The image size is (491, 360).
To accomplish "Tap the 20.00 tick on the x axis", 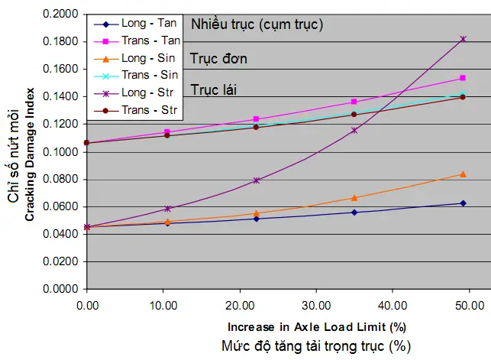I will [x=240, y=305].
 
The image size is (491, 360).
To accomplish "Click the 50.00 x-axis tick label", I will [x=469, y=305].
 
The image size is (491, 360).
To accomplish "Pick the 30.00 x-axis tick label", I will [x=316, y=305].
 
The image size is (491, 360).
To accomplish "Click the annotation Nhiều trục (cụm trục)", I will [x=257, y=24].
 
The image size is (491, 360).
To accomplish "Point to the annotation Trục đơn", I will [x=219, y=58].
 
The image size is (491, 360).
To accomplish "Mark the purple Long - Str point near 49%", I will [x=463, y=39].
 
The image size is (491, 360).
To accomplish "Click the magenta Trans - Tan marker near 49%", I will [x=463, y=78].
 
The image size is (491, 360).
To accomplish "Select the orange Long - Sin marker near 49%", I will [x=463, y=174].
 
